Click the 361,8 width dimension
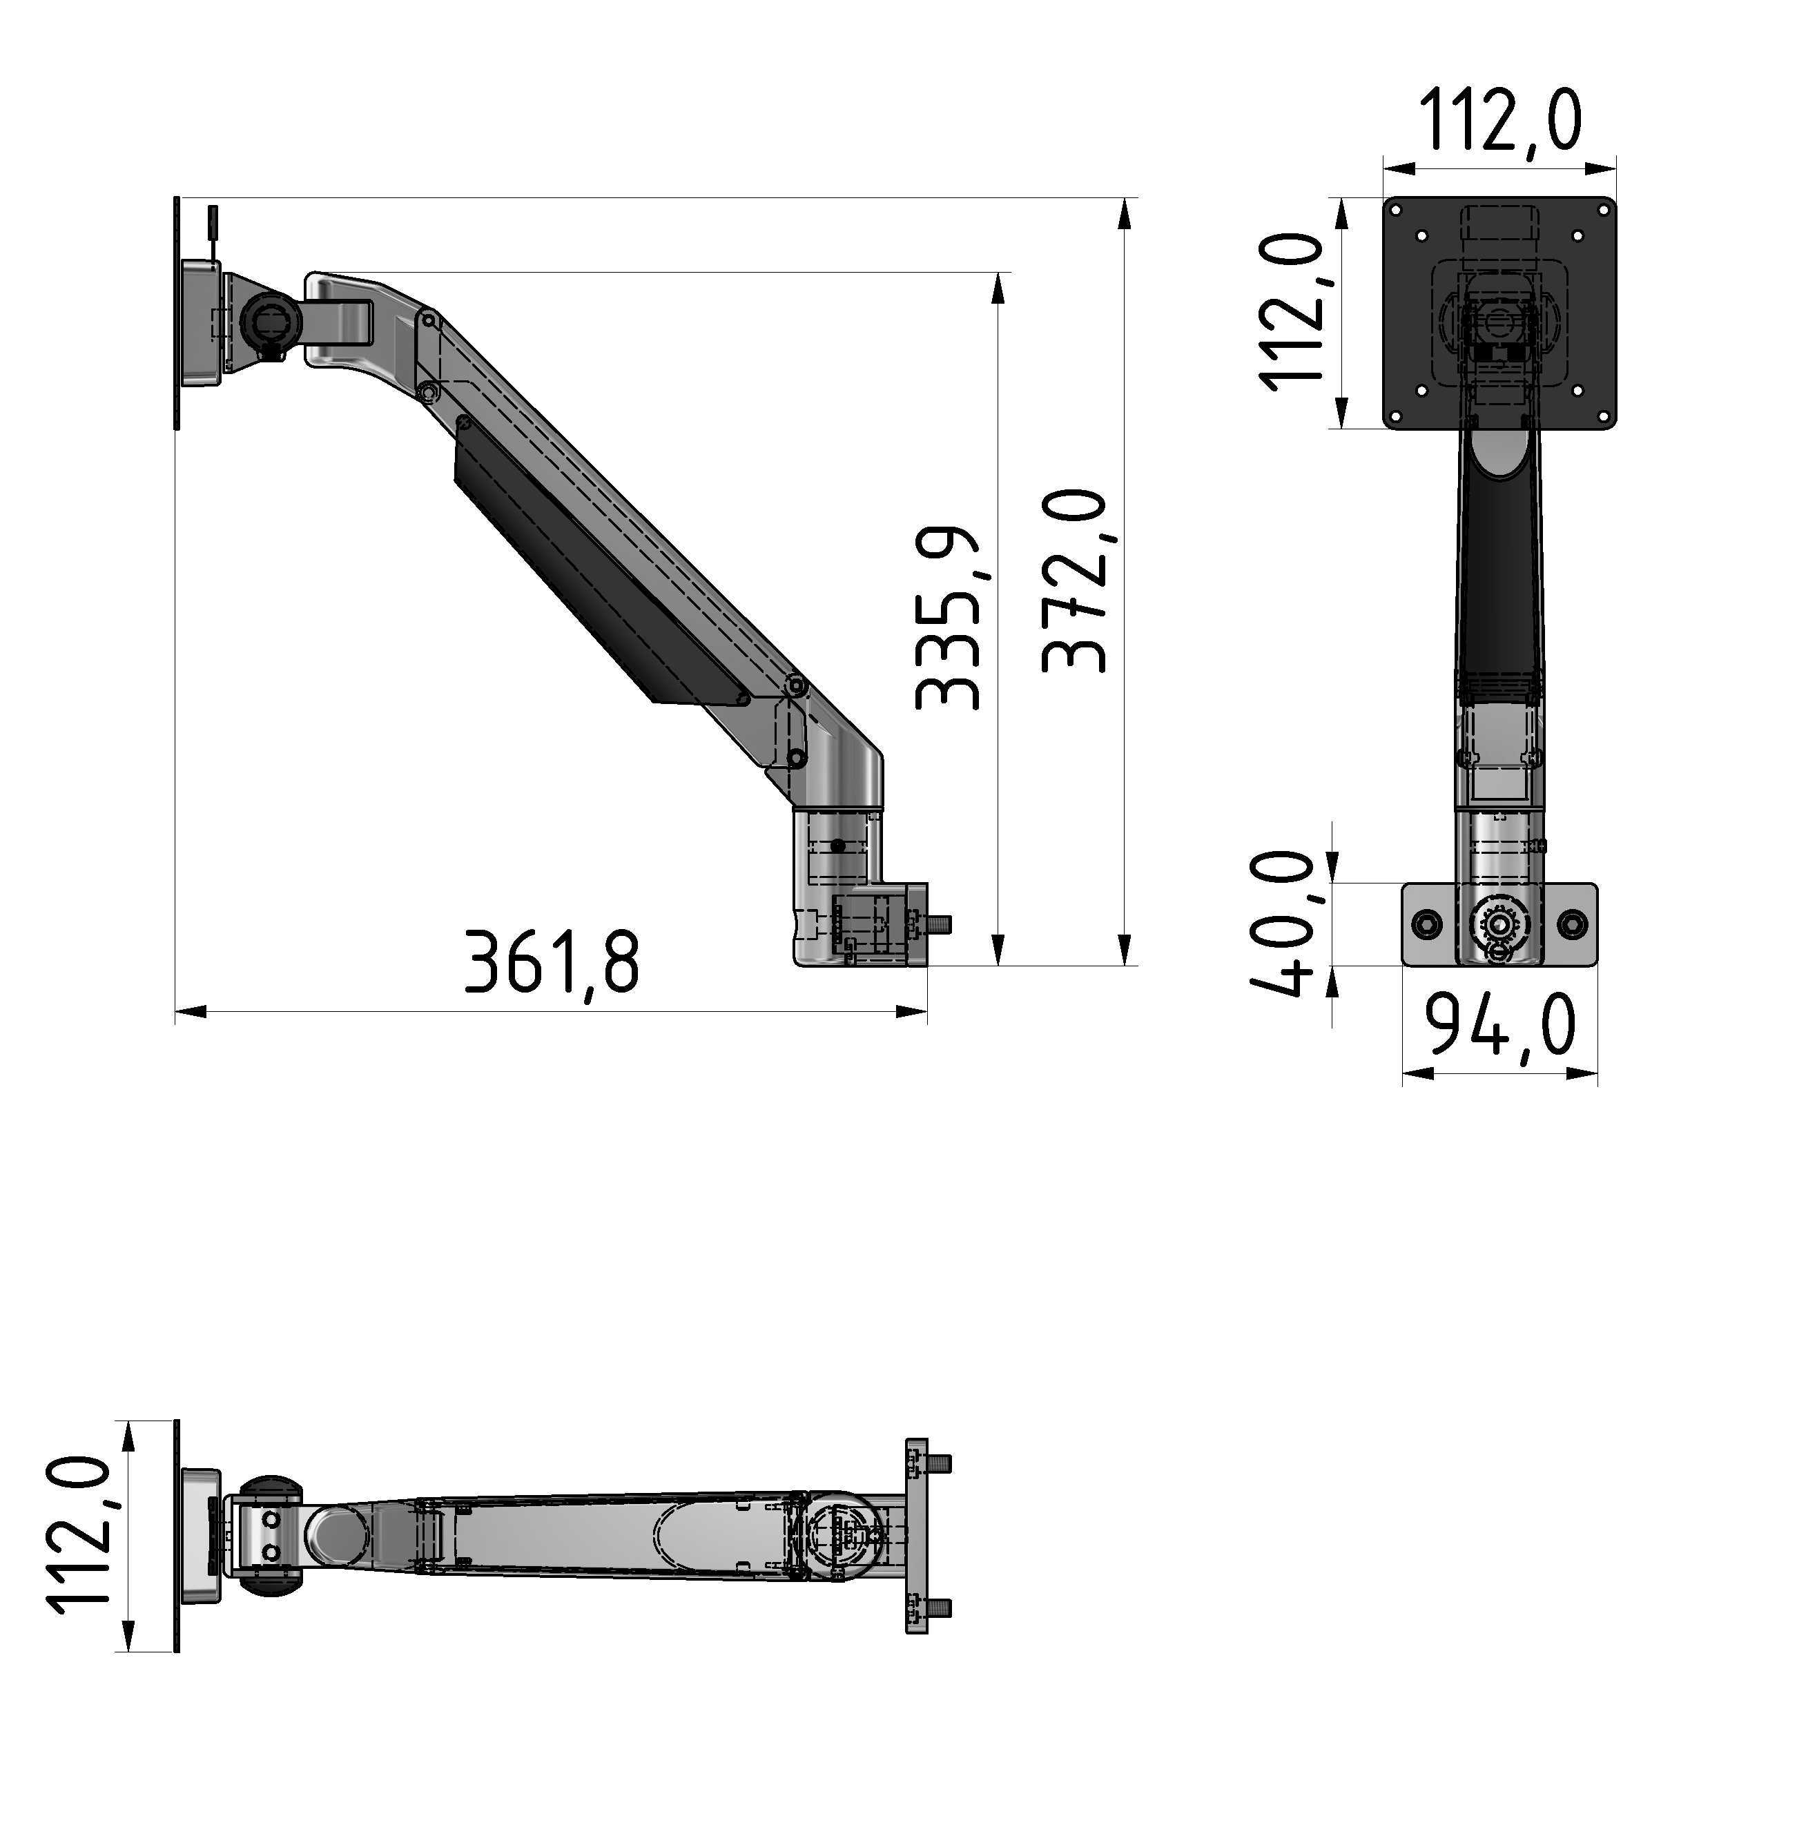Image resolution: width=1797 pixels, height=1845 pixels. [552, 964]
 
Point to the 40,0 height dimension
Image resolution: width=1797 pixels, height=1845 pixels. [1283, 924]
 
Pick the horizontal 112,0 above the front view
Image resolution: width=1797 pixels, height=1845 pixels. [1499, 120]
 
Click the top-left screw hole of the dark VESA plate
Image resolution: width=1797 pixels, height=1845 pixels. [1421, 236]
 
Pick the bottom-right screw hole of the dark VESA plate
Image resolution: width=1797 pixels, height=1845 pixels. [1576, 391]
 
